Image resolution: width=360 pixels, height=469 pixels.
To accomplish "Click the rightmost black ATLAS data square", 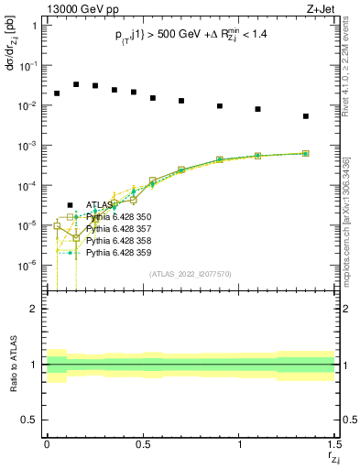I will point(306,116).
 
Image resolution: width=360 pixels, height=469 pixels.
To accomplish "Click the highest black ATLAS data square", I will point(76,83).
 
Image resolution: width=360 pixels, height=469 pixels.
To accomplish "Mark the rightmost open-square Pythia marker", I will point(306,154).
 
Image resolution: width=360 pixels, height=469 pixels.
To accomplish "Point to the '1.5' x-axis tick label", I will point(333,443).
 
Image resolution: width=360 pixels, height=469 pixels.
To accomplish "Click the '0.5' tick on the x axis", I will point(142,443).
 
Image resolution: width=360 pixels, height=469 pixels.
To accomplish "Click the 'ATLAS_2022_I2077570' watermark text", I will point(190,274).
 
